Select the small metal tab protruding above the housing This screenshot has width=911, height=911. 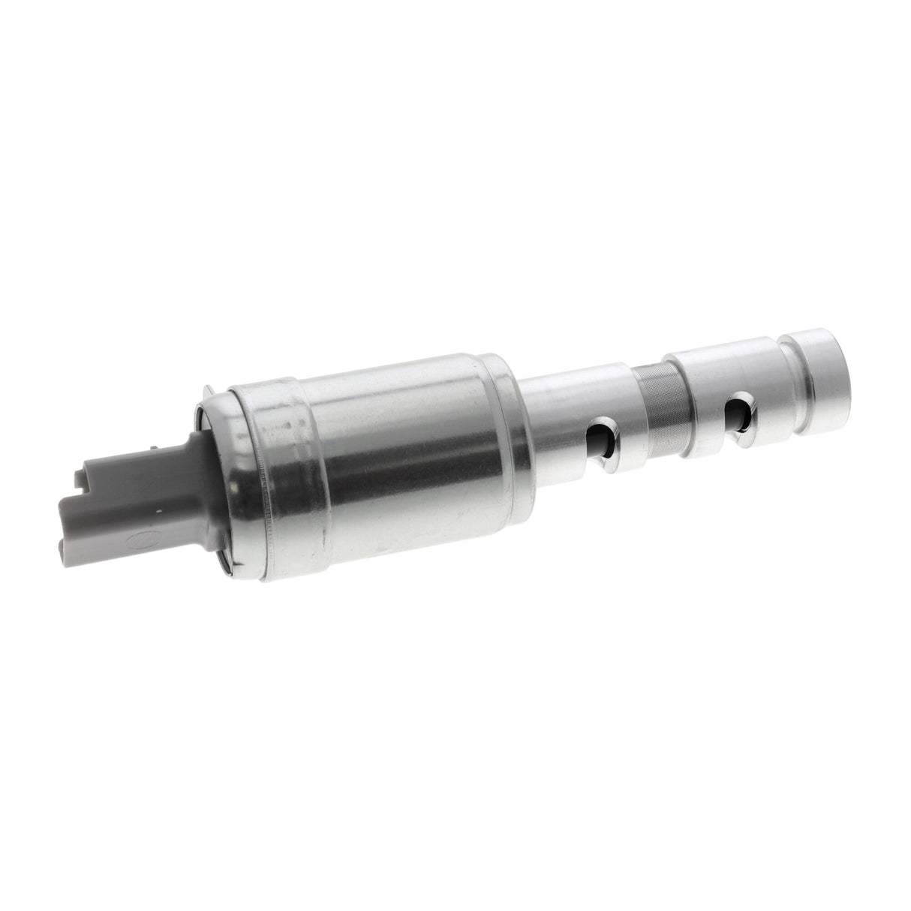(208, 389)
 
